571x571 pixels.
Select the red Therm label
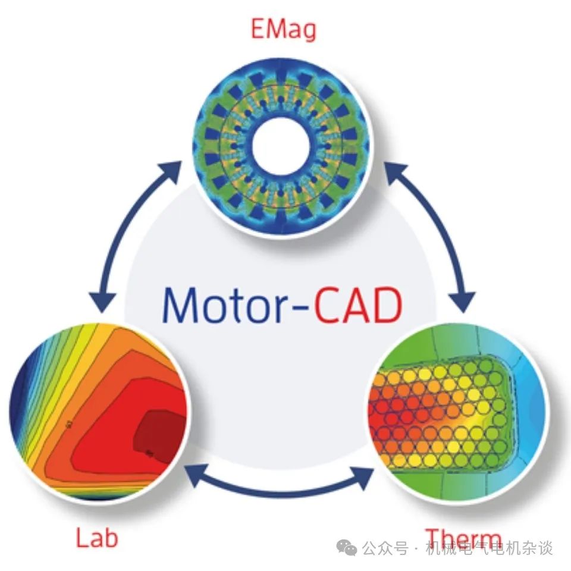coord(463,539)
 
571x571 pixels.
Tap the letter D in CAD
coord(385,305)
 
